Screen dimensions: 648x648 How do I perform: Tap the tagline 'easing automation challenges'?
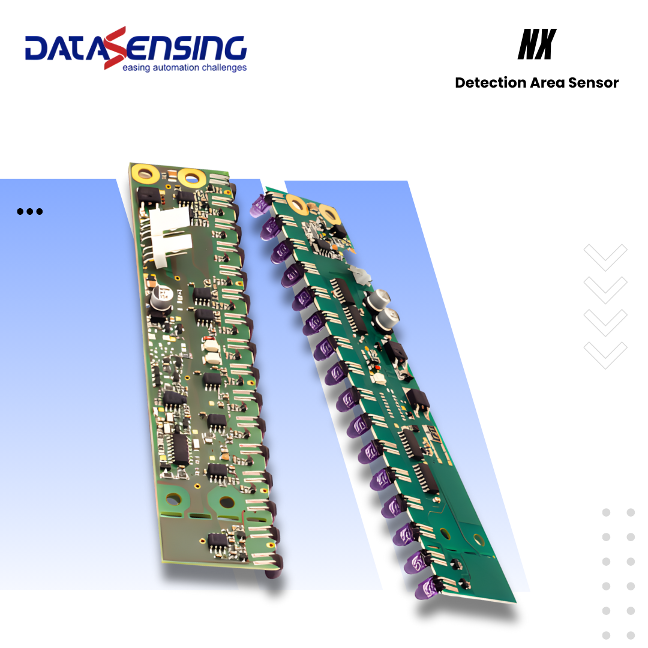click(x=184, y=68)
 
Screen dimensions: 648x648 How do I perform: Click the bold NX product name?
click(x=536, y=45)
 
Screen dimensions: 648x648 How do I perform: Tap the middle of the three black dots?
click(x=29, y=211)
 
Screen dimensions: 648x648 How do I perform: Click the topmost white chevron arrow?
click(x=605, y=256)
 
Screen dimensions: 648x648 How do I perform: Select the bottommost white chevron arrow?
click(x=605, y=354)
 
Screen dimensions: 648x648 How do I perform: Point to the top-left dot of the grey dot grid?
click(x=606, y=512)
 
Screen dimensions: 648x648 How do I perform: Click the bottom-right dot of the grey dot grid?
click(x=631, y=635)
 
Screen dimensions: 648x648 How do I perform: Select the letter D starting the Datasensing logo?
click(x=38, y=49)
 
